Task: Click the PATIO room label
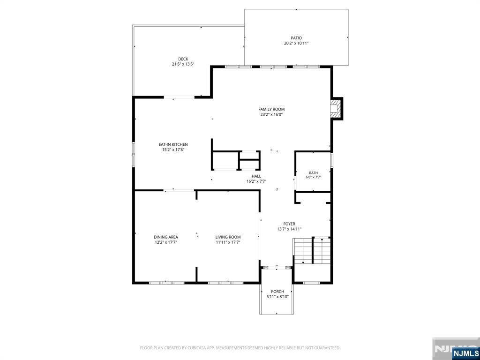[x=296, y=38]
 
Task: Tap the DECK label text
[x=183, y=59]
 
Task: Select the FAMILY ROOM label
[x=271, y=109]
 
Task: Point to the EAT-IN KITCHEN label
[x=173, y=144]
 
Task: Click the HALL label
[x=256, y=176]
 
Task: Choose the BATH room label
[x=313, y=173]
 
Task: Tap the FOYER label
[x=289, y=224]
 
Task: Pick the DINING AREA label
[x=166, y=237]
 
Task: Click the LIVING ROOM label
[x=228, y=237]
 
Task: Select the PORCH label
[x=277, y=292]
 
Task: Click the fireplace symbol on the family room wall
[x=336, y=108]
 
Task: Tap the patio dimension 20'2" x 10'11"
[x=296, y=43]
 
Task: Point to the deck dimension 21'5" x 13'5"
[x=183, y=64]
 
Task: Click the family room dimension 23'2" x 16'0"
[x=271, y=114]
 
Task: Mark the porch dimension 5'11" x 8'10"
[x=277, y=297]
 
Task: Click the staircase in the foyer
[x=312, y=250]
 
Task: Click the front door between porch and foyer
[x=277, y=268]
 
